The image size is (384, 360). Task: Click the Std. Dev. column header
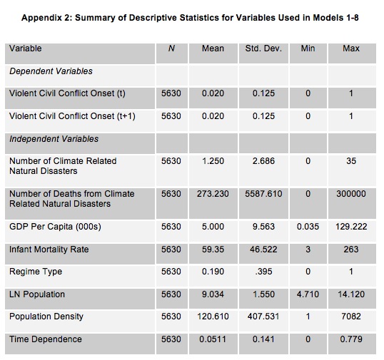(263, 48)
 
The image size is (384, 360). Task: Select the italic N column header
(171, 48)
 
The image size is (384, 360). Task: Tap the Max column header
(351, 48)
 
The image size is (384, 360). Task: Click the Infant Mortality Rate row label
(49, 250)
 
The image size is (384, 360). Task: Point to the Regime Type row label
(36, 272)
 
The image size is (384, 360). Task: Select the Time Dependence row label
(46, 339)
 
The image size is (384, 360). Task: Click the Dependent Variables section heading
(51, 71)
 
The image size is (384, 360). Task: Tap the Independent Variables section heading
(54, 139)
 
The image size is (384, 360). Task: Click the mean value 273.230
(213, 194)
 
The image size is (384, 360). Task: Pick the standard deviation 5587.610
(263, 194)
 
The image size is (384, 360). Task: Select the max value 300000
(351, 194)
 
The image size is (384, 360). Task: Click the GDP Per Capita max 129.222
(351, 227)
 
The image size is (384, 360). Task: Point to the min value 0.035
(308, 227)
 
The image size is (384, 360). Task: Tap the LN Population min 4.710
(308, 294)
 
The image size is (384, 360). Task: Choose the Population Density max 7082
(351, 317)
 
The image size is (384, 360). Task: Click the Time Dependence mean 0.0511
(213, 339)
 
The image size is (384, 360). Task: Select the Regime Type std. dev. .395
(263, 272)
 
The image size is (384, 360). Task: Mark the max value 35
(351, 161)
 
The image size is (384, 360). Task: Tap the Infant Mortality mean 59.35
(213, 250)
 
